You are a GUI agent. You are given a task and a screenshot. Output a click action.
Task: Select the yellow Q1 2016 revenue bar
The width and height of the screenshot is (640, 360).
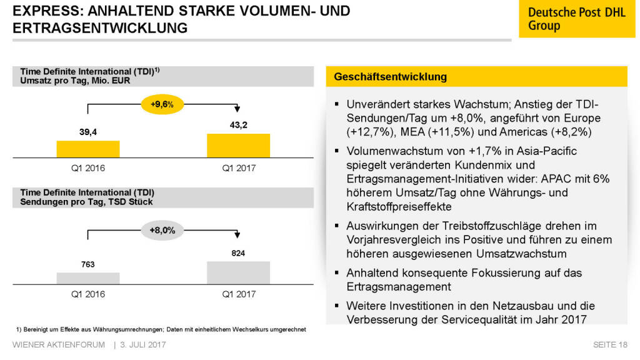(88, 149)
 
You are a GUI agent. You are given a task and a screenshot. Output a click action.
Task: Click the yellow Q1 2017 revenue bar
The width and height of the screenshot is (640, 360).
(238, 146)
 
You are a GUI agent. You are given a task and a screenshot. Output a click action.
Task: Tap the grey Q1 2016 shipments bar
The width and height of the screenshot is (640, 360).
(88, 278)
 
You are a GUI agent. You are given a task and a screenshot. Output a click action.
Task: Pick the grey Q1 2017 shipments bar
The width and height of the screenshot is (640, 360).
(238, 273)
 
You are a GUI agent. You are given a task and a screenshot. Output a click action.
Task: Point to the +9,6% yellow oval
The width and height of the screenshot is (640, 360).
(162, 104)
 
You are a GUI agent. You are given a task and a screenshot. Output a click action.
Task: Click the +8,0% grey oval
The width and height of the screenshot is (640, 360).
(162, 231)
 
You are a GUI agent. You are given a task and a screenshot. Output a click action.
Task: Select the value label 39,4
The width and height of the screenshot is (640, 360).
(87, 132)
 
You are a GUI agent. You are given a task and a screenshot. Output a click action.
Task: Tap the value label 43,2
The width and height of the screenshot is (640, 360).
(239, 125)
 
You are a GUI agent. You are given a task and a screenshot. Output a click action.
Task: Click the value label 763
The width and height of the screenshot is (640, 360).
(87, 264)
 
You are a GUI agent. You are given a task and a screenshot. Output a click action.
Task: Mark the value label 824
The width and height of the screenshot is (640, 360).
(238, 253)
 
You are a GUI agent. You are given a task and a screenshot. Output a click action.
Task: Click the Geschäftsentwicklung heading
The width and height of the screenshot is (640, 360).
(391, 77)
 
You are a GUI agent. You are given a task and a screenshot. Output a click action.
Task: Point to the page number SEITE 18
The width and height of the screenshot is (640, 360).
(610, 345)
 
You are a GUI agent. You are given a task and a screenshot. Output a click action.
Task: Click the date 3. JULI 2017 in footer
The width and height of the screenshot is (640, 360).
(143, 345)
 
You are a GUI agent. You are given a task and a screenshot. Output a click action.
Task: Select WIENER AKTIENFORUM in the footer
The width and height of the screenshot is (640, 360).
(59, 345)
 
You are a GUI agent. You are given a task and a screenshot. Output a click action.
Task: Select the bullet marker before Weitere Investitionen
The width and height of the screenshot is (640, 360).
(337, 306)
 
